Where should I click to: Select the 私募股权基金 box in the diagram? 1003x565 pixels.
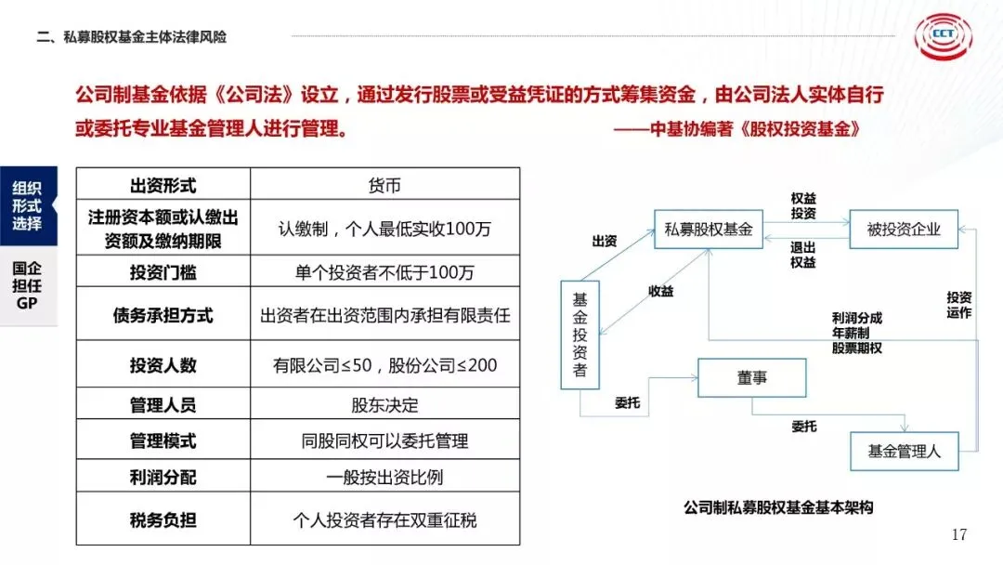(x=709, y=229)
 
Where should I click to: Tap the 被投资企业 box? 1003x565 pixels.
(x=904, y=229)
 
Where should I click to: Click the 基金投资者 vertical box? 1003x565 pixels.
(x=580, y=335)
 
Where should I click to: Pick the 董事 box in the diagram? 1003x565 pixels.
(x=751, y=377)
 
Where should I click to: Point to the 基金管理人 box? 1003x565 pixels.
(x=904, y=452)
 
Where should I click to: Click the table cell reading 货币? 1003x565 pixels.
(x=384, y=185)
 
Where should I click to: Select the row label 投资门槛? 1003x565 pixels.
(x=163, y=272)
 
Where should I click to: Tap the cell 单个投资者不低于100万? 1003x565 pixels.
(x=384, y=272)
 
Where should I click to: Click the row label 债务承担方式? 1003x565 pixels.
(x=163, y=315)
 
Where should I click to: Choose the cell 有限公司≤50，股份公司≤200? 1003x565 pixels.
(x=384, y=365)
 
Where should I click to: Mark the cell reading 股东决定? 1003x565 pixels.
(x=384, y=405)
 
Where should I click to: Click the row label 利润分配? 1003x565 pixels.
(x=163, y=478)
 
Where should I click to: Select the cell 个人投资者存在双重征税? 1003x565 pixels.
(x=384, y=519)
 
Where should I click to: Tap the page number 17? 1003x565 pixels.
(x=959, y=534)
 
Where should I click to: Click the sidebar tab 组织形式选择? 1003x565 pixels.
(x=27, y=205)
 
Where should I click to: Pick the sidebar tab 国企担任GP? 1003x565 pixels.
(x=27, y=285)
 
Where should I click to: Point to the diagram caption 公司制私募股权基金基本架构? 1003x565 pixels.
(x=778, y=507)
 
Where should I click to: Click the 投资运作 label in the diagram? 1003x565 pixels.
(x=958, y=305)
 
